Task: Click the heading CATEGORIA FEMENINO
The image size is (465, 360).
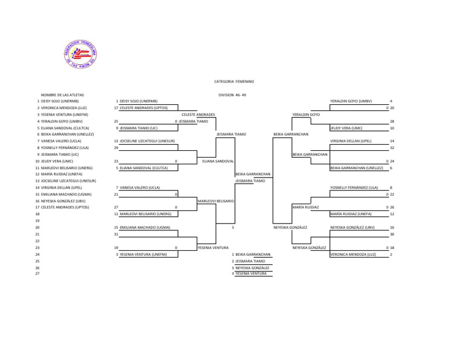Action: tap(234, 81)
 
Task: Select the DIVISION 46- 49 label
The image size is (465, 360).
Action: tap(232, 95)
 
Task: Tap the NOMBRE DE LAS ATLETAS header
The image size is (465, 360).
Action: tap(62, 95)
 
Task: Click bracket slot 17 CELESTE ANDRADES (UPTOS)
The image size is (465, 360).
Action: tap(143, 107)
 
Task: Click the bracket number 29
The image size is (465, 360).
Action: tap(116, 147)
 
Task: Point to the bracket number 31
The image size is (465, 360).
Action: tap(116, 234)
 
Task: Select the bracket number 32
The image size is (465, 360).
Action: tap(392, 147)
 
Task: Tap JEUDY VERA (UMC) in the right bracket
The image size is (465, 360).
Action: tap(346, 128)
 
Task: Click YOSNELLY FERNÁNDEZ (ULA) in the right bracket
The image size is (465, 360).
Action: tap(354, 187)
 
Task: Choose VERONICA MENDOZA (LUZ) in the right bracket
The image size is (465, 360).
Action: tap(351, 254)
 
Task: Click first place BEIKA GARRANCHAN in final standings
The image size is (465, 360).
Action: tap(253, 254)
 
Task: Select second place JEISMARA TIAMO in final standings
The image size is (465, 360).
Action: tap(250, 261)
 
